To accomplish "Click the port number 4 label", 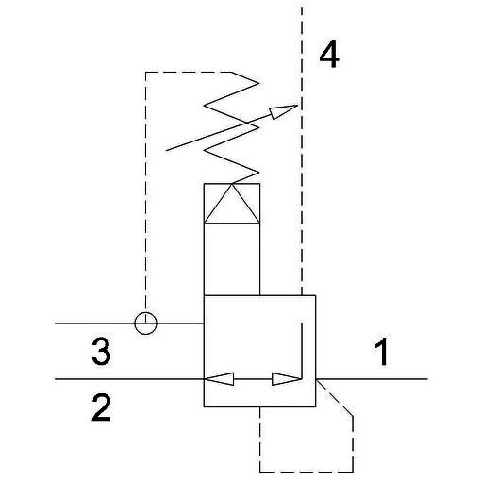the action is pos(329,55).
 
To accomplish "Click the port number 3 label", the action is pos(101,352).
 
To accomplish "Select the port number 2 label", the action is pos(101,407).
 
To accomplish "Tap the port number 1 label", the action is pos(382,352).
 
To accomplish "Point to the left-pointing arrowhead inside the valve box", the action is pos(219,379).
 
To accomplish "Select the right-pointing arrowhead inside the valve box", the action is pos(286,379).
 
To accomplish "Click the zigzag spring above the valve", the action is pos(232,127).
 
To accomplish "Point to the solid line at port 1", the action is pos(372,379).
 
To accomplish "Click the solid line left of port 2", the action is pos(129,379).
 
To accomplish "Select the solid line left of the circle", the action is pos(94,323).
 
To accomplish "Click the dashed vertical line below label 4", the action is pos(302,151).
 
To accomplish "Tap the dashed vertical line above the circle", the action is pos(145,191).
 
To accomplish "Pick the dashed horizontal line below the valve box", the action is pos(307,472).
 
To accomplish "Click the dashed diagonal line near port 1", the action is pos(335,398).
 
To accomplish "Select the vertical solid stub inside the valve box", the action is pos(302,351).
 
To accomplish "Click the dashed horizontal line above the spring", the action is pos(189,72).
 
